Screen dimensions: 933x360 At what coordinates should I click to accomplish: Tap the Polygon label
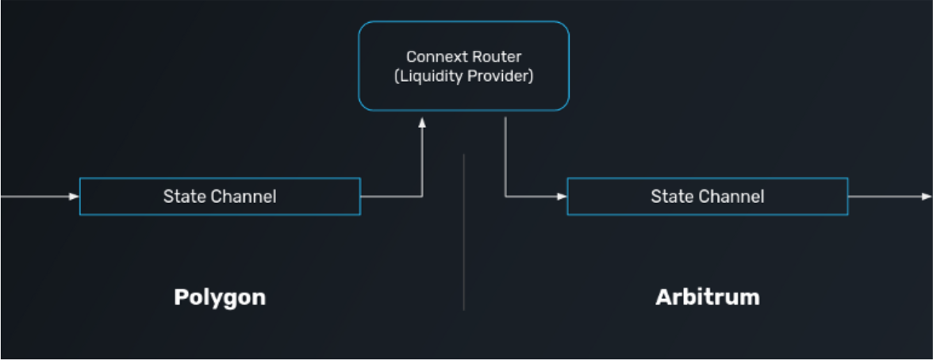coord(220,297)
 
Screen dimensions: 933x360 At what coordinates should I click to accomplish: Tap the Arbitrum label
coord(708,297)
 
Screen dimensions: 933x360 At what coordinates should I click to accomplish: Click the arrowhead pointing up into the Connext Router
coord(422,122)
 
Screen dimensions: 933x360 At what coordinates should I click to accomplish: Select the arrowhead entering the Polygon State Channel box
coord(75,197)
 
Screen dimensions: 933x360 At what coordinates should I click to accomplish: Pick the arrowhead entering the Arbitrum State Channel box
coord(562,197)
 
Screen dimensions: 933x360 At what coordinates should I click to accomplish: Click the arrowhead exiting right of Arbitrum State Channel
coord(927,197)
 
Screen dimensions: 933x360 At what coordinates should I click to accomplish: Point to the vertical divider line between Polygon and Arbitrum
coord(463,232)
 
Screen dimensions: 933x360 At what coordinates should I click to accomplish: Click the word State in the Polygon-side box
coord(180,197)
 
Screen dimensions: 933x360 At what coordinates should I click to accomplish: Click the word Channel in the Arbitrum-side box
coord(736,197)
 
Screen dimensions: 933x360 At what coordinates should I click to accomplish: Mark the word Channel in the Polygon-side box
coord(249,197)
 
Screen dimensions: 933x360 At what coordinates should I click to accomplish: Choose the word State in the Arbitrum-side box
coord(668,197)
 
